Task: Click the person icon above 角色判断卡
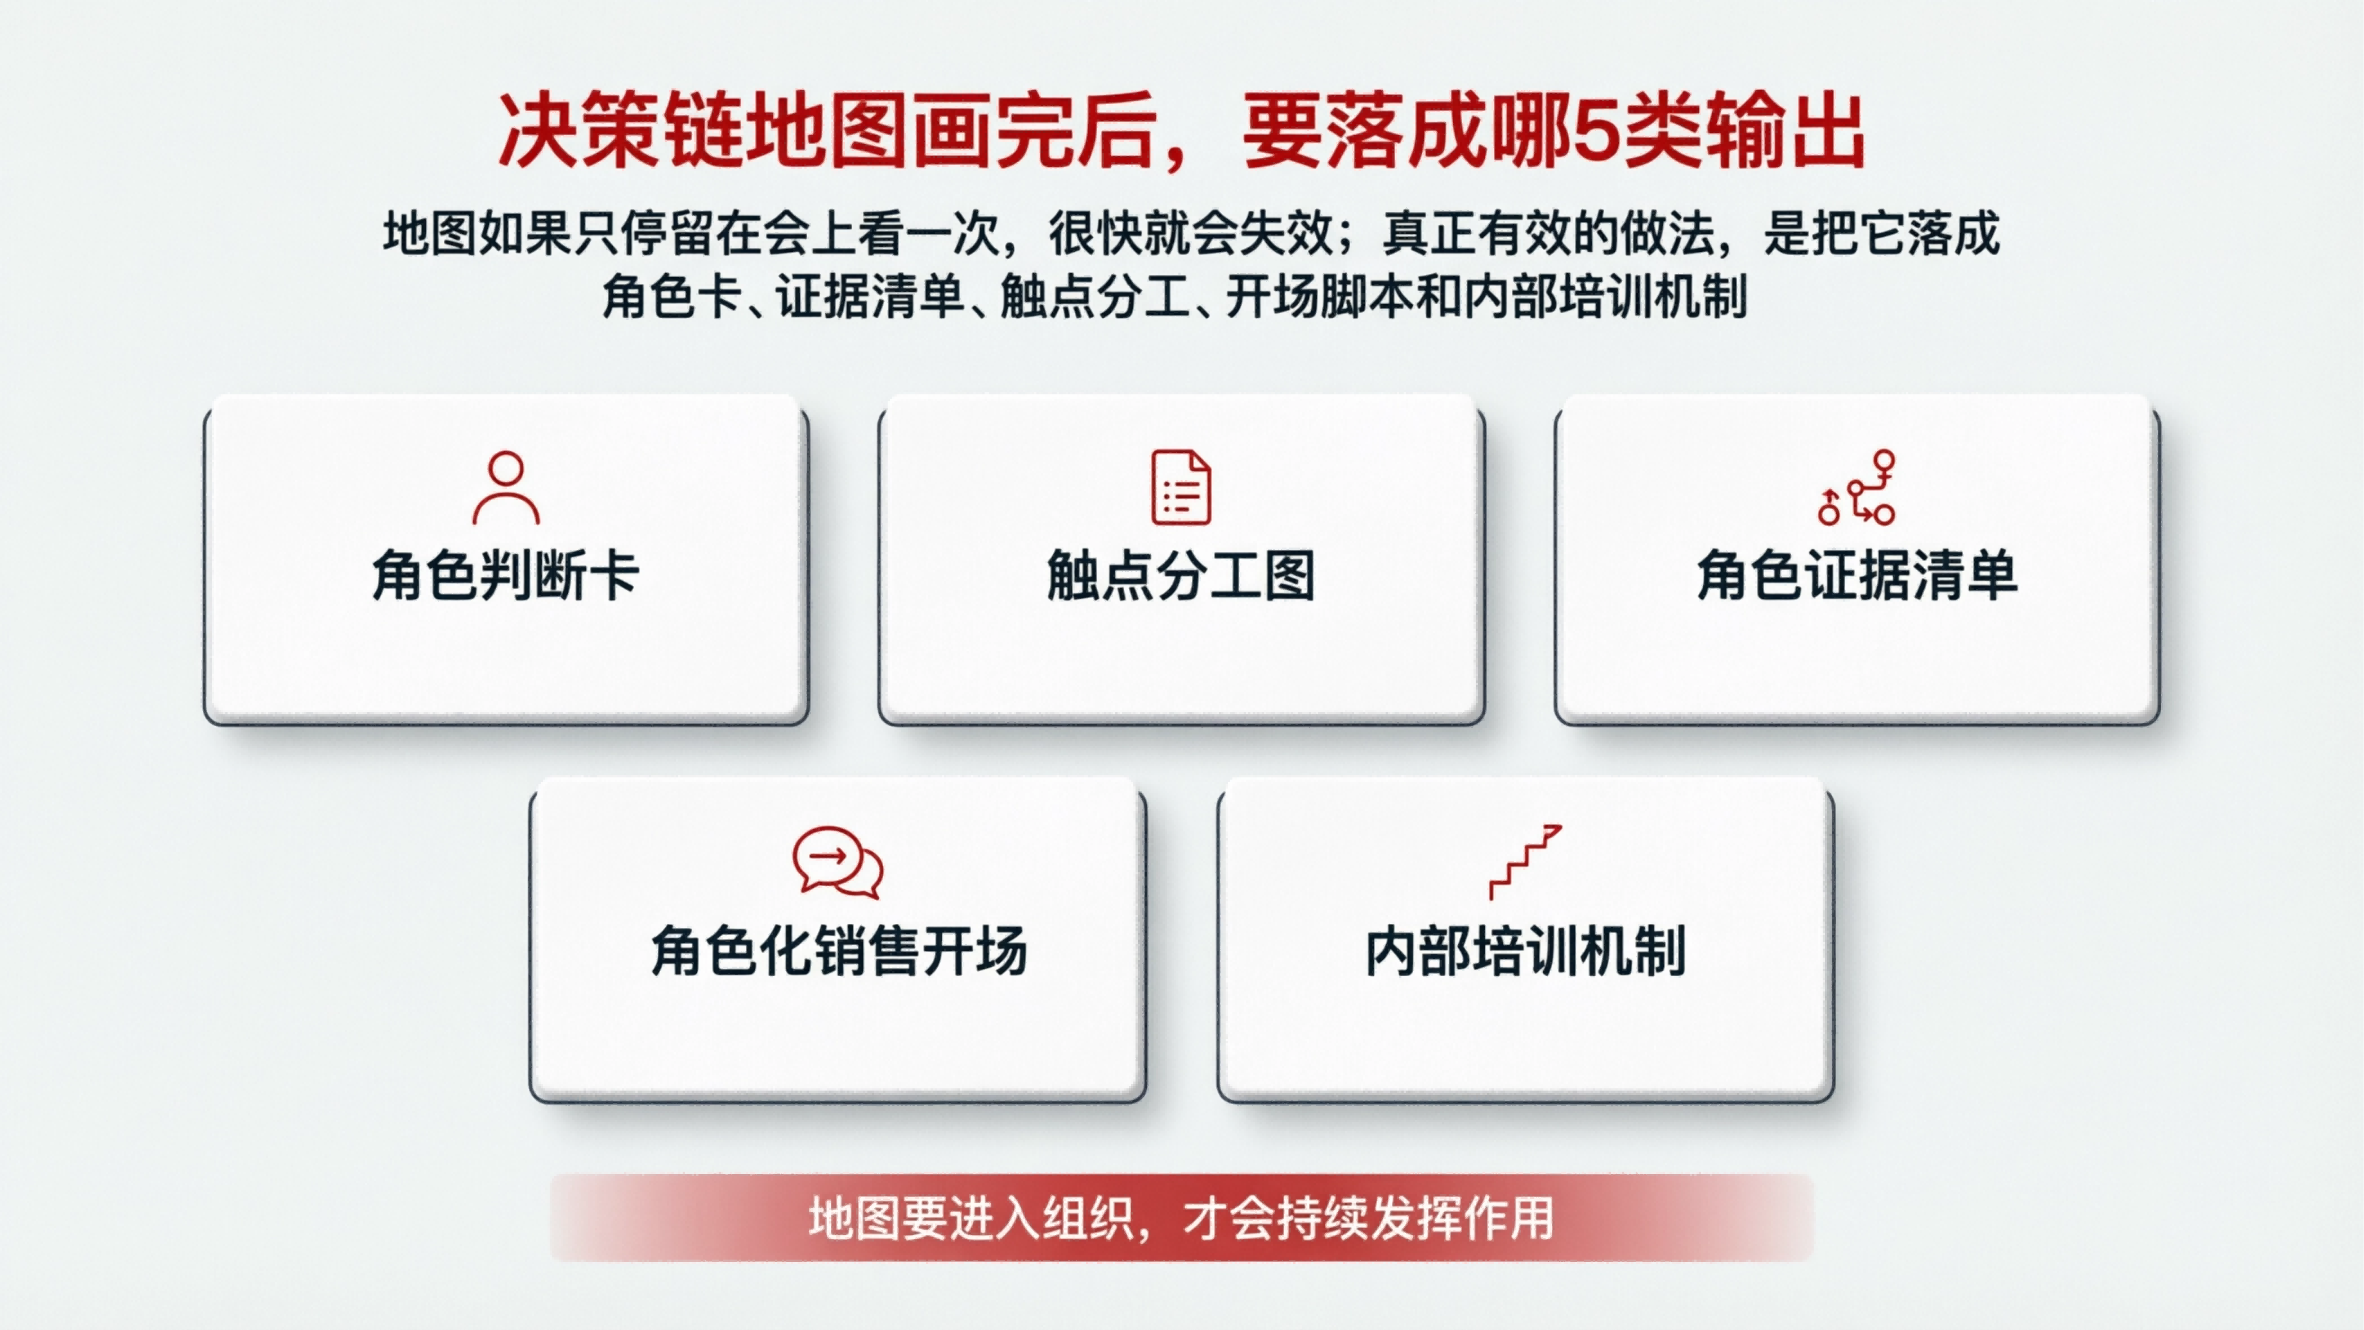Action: (506, 487)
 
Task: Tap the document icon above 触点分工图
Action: (1181, 487)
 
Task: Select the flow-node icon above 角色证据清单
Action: (1857, 487)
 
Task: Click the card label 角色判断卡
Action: (506, 576)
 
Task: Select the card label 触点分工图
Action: (1181, 576)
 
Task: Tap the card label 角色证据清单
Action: (1857, 576)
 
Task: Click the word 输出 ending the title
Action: (1785, 131)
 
